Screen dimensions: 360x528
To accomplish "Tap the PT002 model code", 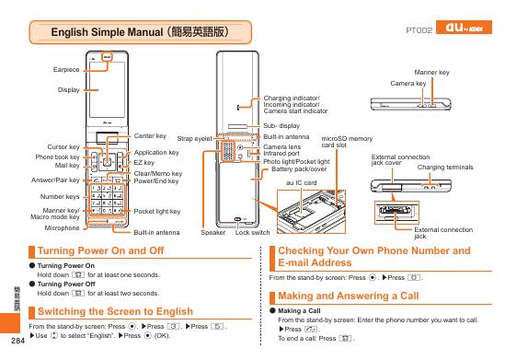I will click(x=419, y=31).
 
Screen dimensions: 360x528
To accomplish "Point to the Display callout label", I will click(x=68, y=89).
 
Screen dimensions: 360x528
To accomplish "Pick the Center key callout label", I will click(x=149, y=135).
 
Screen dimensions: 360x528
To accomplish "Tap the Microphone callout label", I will click(x=63, y=226).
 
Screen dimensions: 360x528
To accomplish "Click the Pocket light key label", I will click(x=157, y=211).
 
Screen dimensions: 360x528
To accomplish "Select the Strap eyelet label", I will click(x=194, y=138).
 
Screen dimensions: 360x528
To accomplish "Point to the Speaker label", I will click(x=212, y=234).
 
